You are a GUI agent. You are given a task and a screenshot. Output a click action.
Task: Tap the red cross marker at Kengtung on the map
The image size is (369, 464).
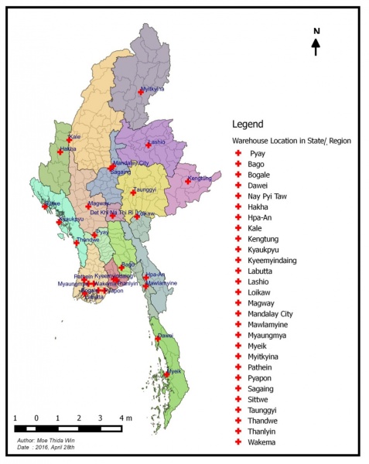(x=188, y=181)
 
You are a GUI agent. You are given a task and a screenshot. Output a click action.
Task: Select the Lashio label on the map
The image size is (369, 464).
(x=156, y=142)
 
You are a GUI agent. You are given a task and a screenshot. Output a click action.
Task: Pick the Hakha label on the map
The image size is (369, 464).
(x=68, y=148)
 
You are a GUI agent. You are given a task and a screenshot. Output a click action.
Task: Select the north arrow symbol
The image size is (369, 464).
(x=316, y=47)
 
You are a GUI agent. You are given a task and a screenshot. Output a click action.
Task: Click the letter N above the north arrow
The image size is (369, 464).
(x=316, y=31)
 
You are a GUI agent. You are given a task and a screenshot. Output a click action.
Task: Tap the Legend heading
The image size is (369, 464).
(x=248, y=124)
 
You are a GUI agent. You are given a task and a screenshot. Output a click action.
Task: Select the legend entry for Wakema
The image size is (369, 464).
(x=262, y=442)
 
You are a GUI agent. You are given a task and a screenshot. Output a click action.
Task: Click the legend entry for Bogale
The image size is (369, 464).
(x=261, y=175)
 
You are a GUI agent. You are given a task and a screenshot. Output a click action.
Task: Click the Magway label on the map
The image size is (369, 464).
(x=99, y=203)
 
